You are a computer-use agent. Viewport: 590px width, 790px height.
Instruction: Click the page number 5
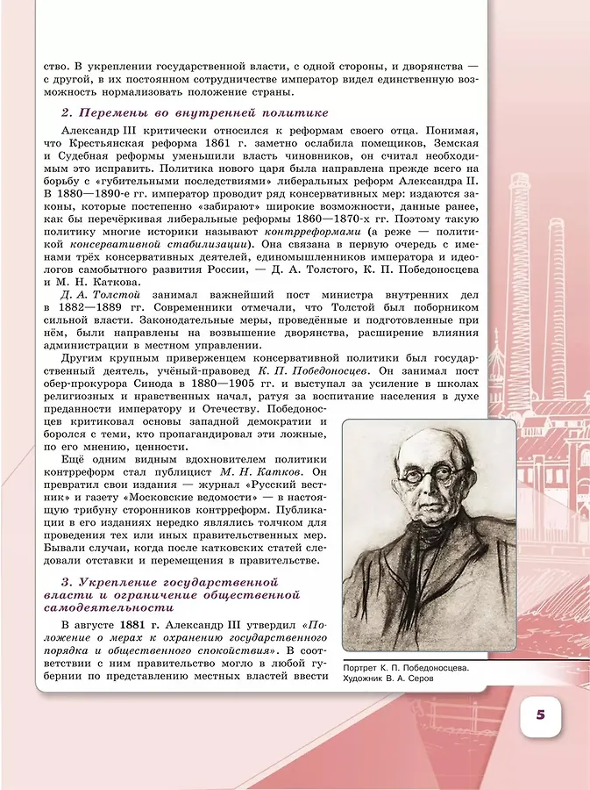pyautogui.click(x=541, y=714)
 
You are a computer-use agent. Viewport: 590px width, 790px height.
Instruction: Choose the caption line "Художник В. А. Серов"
pyautogui.click(x=395, y=679)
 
